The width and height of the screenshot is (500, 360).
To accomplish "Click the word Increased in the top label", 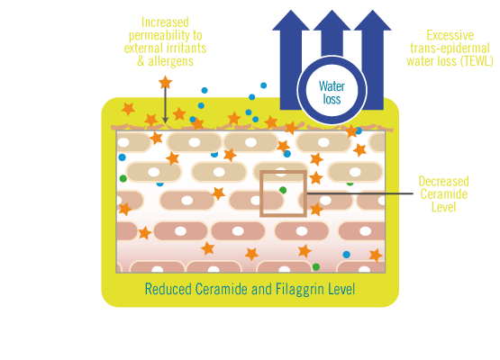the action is tap(165, 22).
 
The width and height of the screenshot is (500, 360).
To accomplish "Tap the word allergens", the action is tap(170, 61).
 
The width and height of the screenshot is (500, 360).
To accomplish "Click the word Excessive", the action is tap(450, 35).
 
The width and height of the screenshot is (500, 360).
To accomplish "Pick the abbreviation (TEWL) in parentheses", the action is tap(477, 61).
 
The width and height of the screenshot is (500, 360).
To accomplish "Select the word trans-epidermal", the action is tap(450, 49).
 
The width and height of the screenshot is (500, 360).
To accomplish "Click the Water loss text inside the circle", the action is tap(332, 93).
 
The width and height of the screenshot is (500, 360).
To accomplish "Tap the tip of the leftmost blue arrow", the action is tap(291, 10).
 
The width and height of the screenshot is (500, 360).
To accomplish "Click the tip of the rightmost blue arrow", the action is tap(372, 10).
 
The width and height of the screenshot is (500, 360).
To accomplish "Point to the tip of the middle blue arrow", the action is tap(332, 10).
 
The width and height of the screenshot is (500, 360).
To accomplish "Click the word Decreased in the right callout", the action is tap(443, 181).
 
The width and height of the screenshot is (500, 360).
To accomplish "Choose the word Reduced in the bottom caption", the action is tap(168, 289).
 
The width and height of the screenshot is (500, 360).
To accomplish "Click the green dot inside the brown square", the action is tap(283, 190).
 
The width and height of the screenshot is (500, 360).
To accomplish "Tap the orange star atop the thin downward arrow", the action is tap(165, 82).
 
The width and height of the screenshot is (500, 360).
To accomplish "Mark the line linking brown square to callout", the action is tap(359, 193).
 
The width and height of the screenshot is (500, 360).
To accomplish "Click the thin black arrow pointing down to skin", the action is tap(165, 105).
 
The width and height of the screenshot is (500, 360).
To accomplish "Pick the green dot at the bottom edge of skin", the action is tap(316, 267).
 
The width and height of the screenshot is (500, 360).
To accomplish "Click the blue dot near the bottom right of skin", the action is tap(346, 255).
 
